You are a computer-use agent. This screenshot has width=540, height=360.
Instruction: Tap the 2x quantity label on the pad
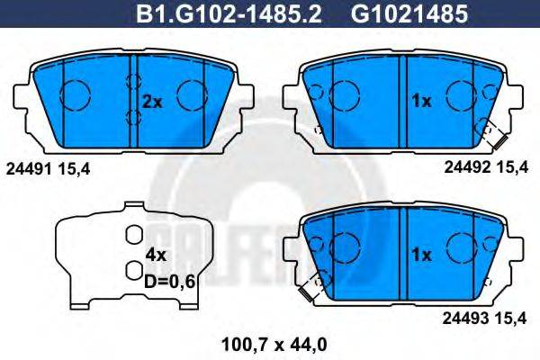tap(151, 103)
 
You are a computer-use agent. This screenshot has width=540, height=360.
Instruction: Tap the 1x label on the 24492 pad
tap(420, 103)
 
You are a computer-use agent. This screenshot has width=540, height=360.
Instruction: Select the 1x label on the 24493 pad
tap(420, 255)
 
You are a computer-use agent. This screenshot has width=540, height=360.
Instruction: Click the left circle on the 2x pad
tap(75, 93)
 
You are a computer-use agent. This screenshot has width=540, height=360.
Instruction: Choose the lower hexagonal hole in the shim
tap(133, 269)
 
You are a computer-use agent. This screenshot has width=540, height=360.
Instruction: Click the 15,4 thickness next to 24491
tap(75, 168)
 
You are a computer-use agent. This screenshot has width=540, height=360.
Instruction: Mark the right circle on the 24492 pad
tap(462, 93)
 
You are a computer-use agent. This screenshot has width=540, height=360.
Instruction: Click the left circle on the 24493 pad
tap(346, 245)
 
